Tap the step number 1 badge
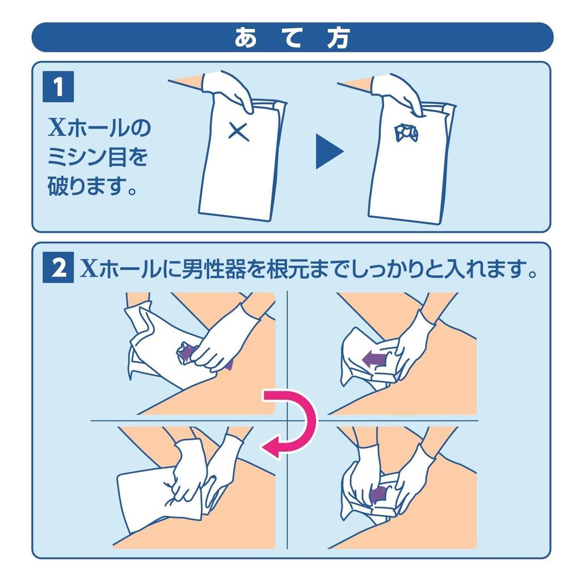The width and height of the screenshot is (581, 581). (x=58, y=87)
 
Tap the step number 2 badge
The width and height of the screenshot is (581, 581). (x=58, y=268)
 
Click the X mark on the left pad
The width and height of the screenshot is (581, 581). (x=239, y=132)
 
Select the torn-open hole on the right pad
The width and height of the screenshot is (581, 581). (x=406, y=132)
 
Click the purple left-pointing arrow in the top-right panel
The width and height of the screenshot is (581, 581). (x=374, y=359)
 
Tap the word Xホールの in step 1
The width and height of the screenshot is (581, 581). (x=99, y=128)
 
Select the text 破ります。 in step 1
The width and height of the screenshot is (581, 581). (x=92, y=186)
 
